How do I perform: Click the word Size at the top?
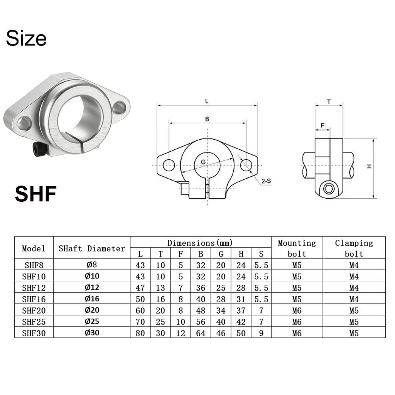coord(26,39)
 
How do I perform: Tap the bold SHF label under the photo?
coord(36,194)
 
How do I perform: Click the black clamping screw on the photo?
coord(39,149)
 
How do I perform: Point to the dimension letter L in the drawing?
coord(207,101)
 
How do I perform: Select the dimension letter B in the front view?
coord(207,119)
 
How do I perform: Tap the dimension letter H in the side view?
coord(369,166)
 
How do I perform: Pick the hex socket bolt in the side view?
coord(329,189)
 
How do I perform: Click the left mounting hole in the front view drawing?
coord(169,165)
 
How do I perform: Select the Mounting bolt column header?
coord(297,248)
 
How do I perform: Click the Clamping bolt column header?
coord(354,248)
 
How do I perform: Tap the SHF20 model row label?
coord(34,311)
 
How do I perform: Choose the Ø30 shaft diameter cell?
coord(92,333)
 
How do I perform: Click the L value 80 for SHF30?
coord(140,333)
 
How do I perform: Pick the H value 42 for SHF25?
coord(241,322)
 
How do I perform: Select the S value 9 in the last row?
coord(261,333)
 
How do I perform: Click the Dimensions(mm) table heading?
coord(200,243)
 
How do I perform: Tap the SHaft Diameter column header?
coord(92,248)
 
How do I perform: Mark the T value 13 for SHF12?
coord(160,288)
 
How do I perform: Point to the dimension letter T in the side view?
coord(329,101)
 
